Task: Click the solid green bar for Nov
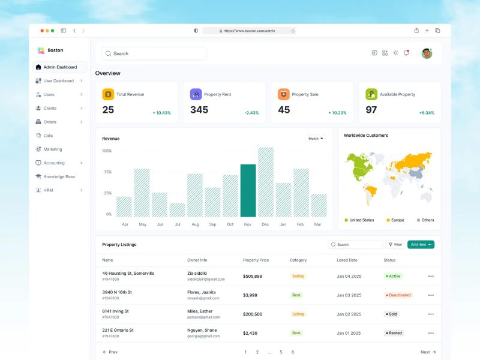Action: coord(248,190)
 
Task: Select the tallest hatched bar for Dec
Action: coord(266,182)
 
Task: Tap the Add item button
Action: coord(421,245)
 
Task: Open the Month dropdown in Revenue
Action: coord(316,139)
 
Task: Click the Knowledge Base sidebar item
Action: coord(59,176)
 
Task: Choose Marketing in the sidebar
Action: coord(53,149)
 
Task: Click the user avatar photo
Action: coord(427,53)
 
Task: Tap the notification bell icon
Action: coord(406,53)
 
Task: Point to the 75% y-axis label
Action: coord(107,172)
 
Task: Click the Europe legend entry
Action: coord(396,220)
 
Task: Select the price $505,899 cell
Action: coord(253,276)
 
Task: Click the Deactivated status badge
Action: coord(398,295)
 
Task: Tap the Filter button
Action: coord(395,245)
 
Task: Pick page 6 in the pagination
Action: coord(293,352)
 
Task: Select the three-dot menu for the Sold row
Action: coord(431,314)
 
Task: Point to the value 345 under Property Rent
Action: coord(199,110)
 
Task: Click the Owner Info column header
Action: coord(197,260)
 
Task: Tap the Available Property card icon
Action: coord(372,94)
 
